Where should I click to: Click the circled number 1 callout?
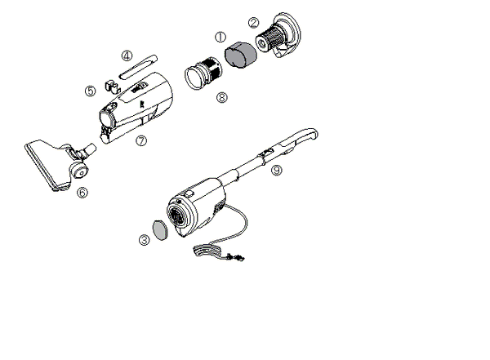click(220, 38)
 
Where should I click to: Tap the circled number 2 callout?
click(253, 23)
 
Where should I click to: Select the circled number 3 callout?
click(145, 240)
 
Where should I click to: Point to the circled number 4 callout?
click(127, 56)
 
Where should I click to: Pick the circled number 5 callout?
click(91, 91)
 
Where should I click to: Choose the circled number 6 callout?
click(82, 193)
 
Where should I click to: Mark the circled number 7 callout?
click(141, 140)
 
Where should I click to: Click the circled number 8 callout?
click(222, 97)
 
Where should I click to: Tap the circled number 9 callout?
click(277, 170)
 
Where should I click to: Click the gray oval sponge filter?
click(241, 55)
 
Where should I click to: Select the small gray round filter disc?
click(160, 230)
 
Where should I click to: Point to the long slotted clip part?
click(139, 67)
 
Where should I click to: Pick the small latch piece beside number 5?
click(112, 87)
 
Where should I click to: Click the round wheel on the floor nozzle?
click(79, 171)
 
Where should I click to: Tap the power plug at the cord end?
click(236, 257)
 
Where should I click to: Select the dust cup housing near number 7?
click(136, 107)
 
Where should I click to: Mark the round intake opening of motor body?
click(178, 216)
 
